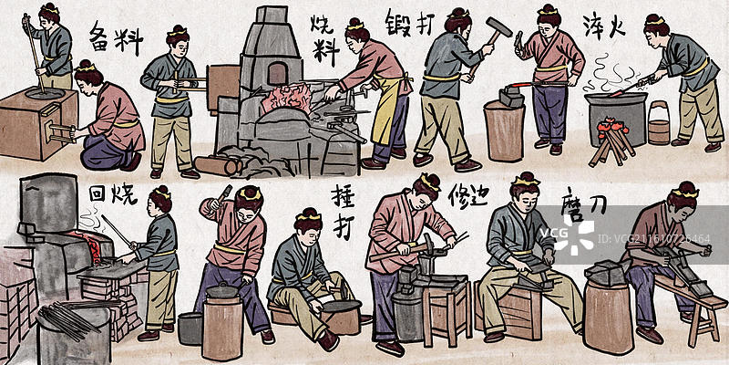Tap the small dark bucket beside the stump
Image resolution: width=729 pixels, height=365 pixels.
click(189, 328)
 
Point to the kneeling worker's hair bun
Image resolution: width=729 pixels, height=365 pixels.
click(87, 65)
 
